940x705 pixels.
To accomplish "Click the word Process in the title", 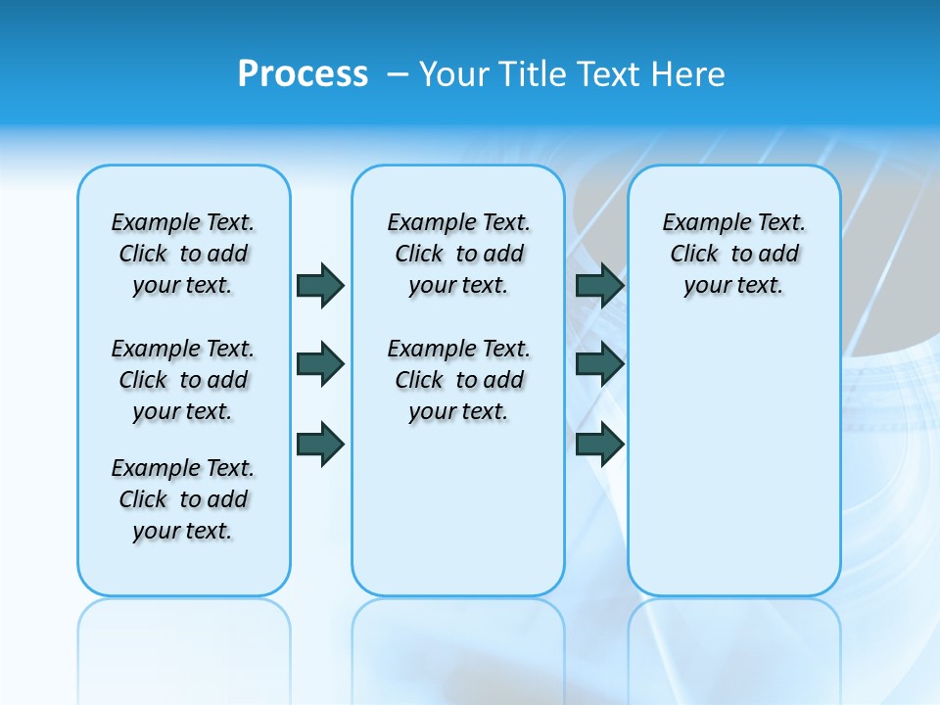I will [x=303, y=74].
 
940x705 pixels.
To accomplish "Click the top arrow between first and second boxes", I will [x=320, y=285].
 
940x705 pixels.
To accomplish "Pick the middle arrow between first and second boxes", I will [x=320, y=364].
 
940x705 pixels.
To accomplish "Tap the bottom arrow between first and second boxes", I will [x=320, y=444].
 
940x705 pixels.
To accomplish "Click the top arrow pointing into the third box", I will [x=599, y=285].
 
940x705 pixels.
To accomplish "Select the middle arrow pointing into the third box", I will [x=599, y=364].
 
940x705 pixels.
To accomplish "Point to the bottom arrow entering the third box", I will [x=599, y=444].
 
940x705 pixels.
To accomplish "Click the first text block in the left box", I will [x=183, y=254].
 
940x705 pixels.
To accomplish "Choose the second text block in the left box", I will [x=183, y=380].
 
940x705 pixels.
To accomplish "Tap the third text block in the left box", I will [x=183, y=499].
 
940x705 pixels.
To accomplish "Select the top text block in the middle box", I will [x=458, y=254].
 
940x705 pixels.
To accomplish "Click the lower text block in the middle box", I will [x=458, y=380].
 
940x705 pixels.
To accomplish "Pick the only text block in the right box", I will [x=733, y=254].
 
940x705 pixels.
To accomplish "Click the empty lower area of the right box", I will [x=733, y=460].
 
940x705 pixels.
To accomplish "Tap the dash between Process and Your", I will [x=397, y=74].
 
